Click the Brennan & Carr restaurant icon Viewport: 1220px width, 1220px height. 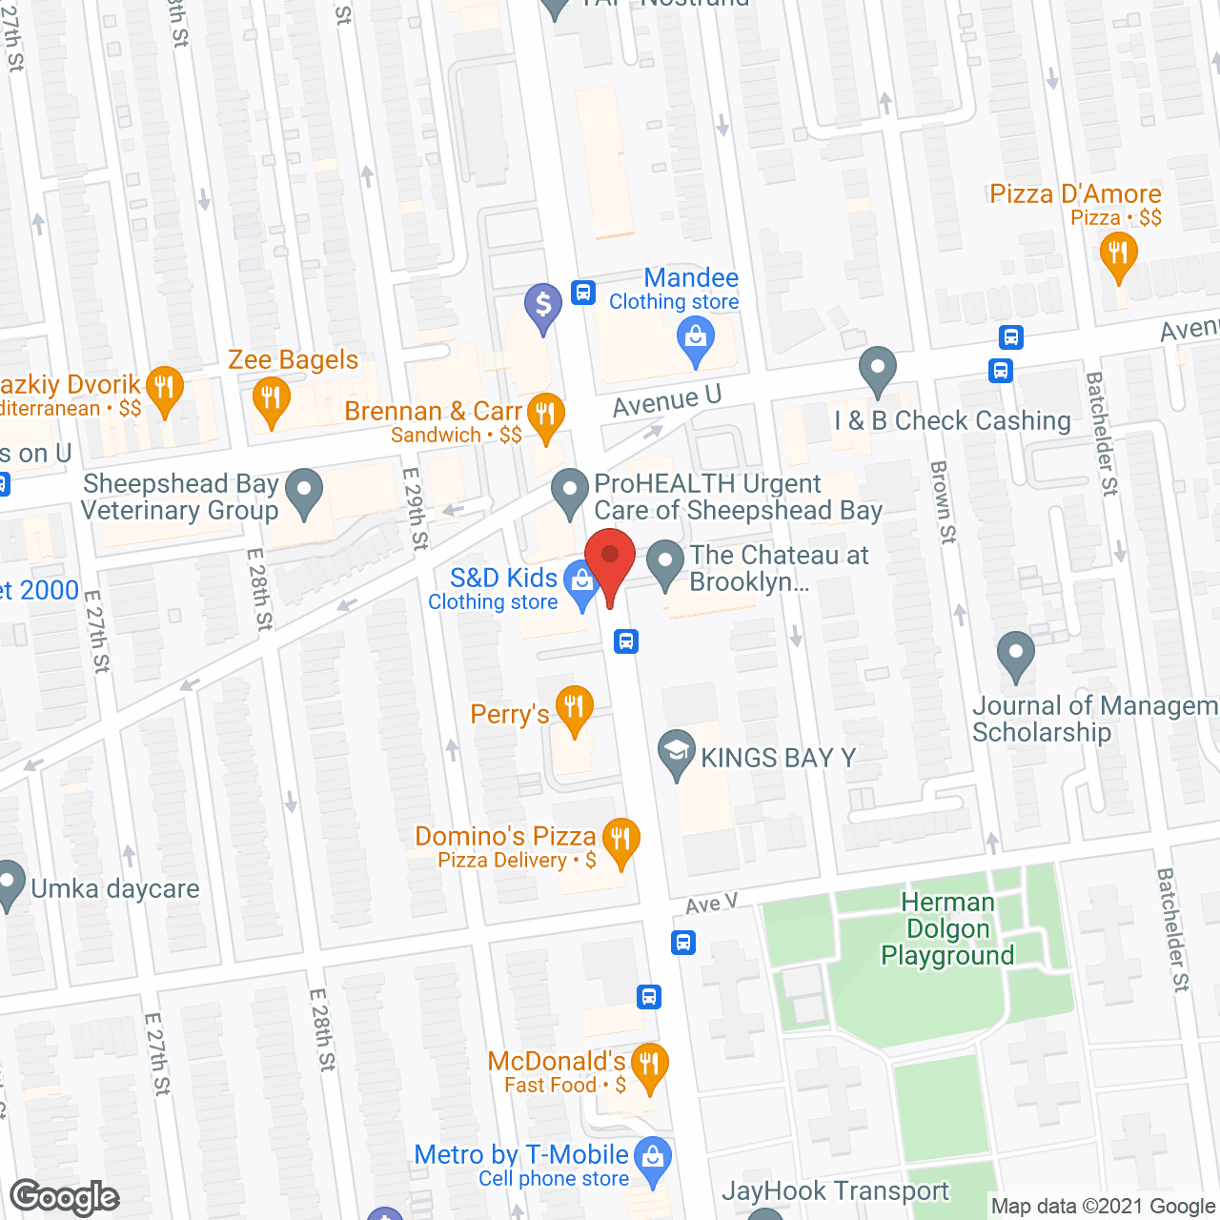pyautogui.click(x=545, y=415)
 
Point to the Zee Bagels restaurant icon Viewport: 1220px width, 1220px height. pyautogui.click(x=272, y=398)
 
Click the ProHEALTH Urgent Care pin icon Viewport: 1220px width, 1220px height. pyautogui.click(x=570, y=493)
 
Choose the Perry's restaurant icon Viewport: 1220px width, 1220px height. pyautogui.click(x=574, y=708)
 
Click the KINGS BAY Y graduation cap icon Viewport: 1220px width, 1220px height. pyautogui.click(x=677, y=752)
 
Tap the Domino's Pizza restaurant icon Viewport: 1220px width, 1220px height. pyautogui.click(x=620, y=841)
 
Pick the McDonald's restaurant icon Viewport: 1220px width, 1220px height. pyautogui.click(x=649, y=1065)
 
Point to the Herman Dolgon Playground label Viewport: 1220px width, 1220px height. pyautogui.click(x=947, y=928)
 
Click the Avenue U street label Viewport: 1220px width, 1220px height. pyautogui.click(x=666, y=401)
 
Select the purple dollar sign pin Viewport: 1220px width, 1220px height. pyautogui.click(x=543, y=306)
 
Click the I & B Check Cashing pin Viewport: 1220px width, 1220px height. pyautogui.click(x=877, y=369)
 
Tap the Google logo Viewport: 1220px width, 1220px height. pyautogui.click(x=65, y=1197)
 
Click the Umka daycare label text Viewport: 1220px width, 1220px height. pyautogui.click(x=115, y=889)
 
